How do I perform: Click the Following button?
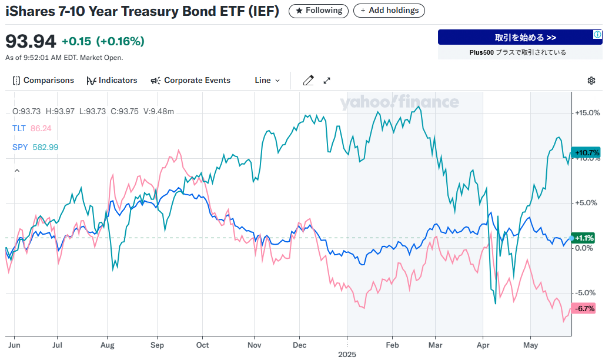click(318, 11)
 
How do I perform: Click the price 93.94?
click(31, 41)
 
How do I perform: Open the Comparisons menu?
click(44, 81)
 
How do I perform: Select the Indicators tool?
click(112, 81)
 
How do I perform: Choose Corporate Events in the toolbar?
click(190, 81)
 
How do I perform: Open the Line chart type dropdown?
click(267, 81)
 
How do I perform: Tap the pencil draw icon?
click(308, 81)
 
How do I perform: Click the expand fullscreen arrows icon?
click(327, 81)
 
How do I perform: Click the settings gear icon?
click(591, 81)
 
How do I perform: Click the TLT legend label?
click(18, 128)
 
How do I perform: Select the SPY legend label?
click(19, 147)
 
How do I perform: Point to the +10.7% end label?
click(586, 153)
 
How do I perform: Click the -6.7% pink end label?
click(585, 308)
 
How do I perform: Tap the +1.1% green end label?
click(584, 238)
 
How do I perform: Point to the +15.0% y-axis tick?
click(587, 113)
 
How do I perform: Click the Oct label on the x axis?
click(202, 345)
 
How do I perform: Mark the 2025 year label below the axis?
click(347, 354)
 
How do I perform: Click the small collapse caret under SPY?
click(16, 171)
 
